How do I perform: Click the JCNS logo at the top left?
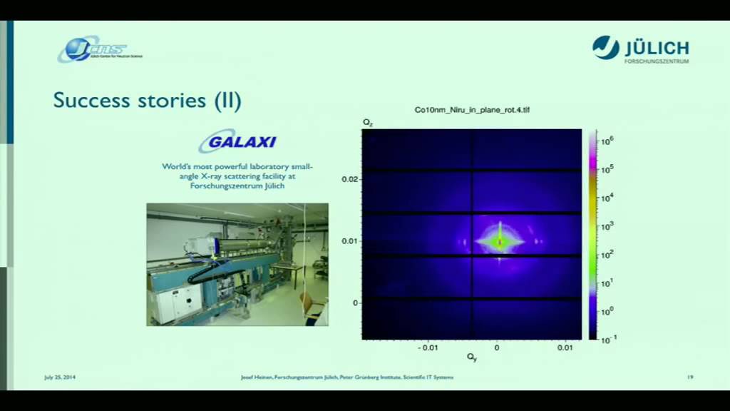[x=99, y=49]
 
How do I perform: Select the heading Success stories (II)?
[x=148, y=101]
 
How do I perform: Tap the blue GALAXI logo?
[x=237, y=141]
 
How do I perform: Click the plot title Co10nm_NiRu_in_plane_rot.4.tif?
[x=472, y=110]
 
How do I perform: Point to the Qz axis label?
[x=367, y=123]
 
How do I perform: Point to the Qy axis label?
[x=472, y=357]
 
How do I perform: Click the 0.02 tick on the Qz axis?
[x=349, y=180]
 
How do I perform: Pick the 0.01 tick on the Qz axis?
[x=349, y=241]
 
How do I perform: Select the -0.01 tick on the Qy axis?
[x=428, y=347]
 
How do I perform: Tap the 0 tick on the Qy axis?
[x=497, y=347]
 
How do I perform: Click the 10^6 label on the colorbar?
[x=607, y=141]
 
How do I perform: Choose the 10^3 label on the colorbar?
[x=607, y=226]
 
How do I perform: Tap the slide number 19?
[x=690, y=377]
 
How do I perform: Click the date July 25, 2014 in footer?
[x=60, y=377]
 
